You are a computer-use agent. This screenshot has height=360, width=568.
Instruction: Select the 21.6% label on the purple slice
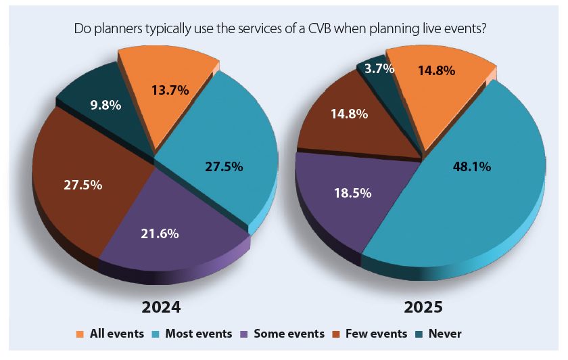point(160,234)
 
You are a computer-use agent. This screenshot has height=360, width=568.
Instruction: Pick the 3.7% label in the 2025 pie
point(379,68)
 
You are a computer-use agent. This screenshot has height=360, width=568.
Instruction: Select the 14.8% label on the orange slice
point(436,70)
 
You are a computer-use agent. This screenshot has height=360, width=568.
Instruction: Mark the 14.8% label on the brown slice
point(349,114)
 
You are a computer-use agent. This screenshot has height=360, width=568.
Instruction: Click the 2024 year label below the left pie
point(161,307)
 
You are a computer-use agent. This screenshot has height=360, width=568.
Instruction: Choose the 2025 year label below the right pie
point(423,307)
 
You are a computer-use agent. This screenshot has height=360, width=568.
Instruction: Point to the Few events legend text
point(376,334)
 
